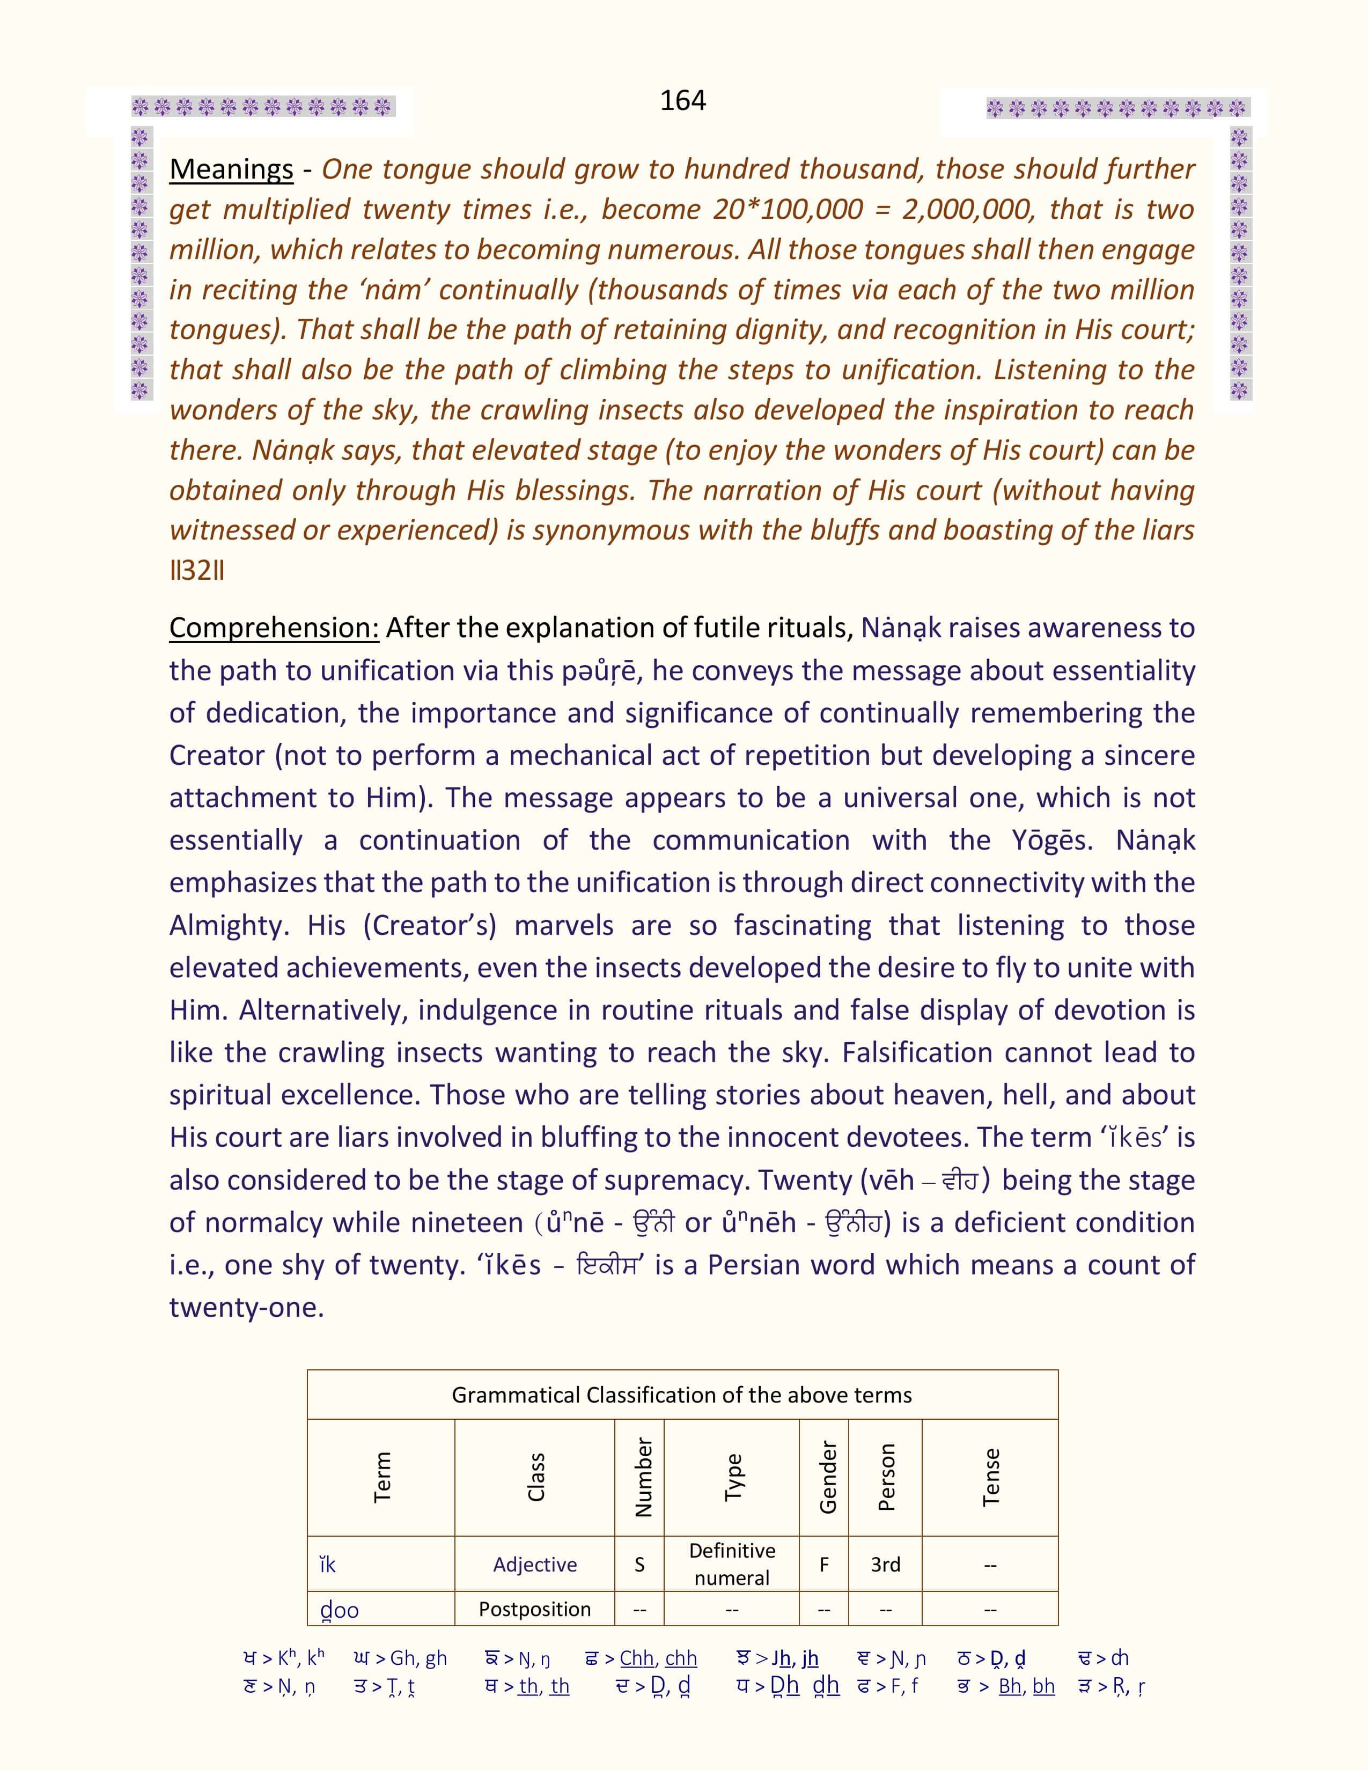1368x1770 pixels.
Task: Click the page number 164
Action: [682, 100]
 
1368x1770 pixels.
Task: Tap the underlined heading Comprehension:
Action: [274, 628]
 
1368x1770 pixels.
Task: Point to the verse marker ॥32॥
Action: [197, 571]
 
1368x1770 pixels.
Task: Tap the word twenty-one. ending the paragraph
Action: [246, 1307]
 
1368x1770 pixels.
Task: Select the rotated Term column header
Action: [382, 1478]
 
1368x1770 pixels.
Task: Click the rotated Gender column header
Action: [827, 1478]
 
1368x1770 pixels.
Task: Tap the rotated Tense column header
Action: [990, 1478]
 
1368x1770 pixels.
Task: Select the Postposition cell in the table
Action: [535, 1609]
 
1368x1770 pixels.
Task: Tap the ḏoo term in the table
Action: [339, 1610]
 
